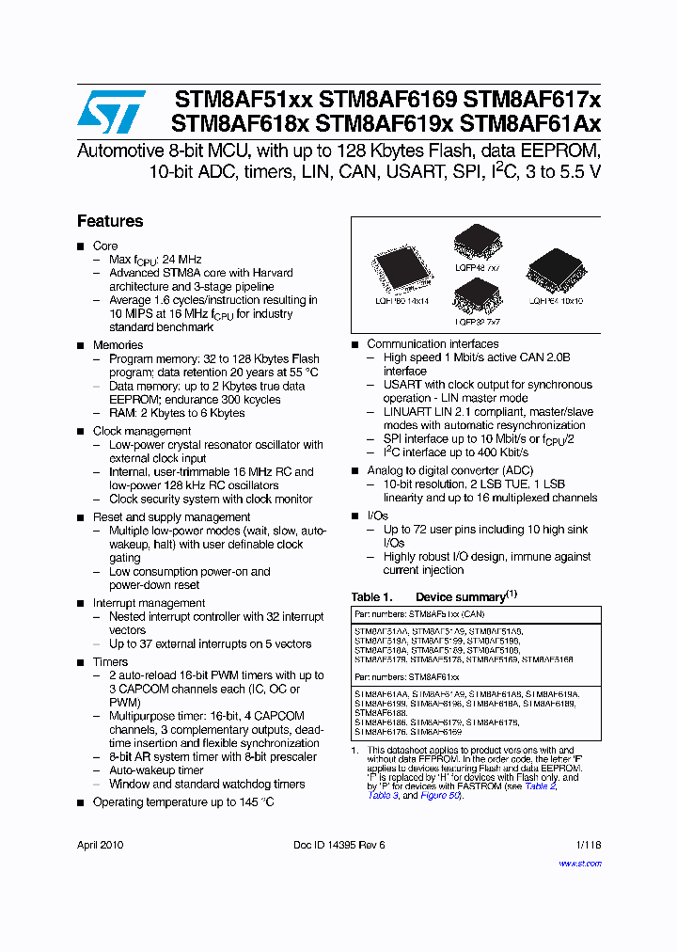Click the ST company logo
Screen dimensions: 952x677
tap(111, 112)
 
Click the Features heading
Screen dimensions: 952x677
tap(110, 221)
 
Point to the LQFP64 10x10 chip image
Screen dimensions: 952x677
tap(555, 270)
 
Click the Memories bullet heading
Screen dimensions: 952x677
tap(118, 345)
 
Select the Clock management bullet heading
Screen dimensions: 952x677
tap(141, 431)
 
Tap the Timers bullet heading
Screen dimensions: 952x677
tap(110, 662)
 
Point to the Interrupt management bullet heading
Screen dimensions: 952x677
tap(149, 603)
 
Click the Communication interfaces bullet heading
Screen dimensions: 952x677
tap(433, 344)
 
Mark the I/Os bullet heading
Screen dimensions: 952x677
tap(377, 516)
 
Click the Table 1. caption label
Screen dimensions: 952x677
tap(371, 597)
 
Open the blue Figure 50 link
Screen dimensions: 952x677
tap(440, 796)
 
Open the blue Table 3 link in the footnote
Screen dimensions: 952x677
tap(383, 796)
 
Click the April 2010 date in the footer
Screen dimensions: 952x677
tap(100, 845)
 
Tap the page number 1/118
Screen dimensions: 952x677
tap(587, 845)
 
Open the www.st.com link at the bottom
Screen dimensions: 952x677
tap(580, 864)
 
